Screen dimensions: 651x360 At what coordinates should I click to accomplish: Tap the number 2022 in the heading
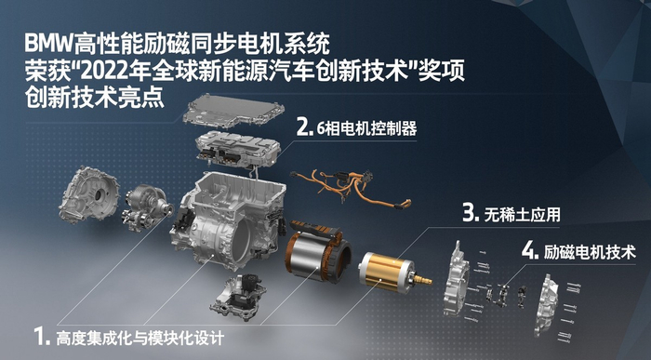coord(101,73)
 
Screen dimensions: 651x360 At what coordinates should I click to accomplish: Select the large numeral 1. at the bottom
coord(42,336)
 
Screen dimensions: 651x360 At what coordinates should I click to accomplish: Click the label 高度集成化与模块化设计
coord(139,337)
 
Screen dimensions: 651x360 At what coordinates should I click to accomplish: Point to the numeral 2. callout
coord(305,127)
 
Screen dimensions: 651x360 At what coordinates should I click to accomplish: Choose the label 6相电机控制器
coord(366,128)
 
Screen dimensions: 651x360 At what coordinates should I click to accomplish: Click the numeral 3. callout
coord(472,213)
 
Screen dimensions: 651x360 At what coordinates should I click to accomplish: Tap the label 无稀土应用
coord(522,215)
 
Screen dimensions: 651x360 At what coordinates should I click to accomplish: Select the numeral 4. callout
coord(530,251)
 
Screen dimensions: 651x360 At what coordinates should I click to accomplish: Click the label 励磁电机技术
coord(590,252)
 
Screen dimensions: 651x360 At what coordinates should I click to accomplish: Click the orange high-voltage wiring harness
coord(350,187)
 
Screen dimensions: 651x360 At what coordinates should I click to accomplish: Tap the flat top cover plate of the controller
coord(233,112)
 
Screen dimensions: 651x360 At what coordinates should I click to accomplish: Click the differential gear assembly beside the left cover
coord(146,207)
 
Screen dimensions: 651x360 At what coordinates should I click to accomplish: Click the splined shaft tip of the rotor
coord(422,279)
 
